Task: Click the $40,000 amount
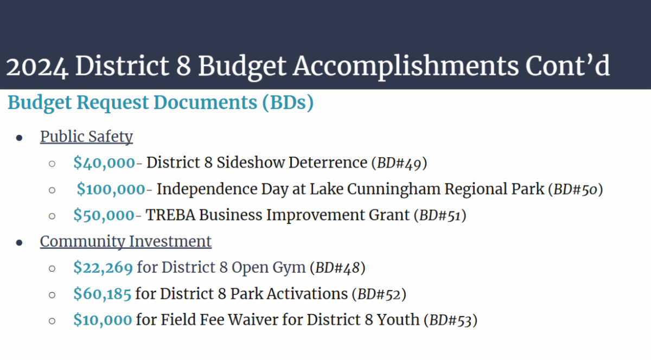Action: (x=104, y=163)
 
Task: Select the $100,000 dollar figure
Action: (x=111, y=189)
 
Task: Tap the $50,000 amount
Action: (x=104, y=215)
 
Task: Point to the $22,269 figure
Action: (x=103, y=268)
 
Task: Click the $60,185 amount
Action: (x=103, y=294)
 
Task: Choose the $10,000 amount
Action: (x=103, y=320)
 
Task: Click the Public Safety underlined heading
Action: (x=86, y=137)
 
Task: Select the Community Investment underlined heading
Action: (x=125, y=241)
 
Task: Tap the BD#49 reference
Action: (x=399, y=163)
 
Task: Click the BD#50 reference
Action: (x=576, y=189)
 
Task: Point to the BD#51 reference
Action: (x=440, y=216)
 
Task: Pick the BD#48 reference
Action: (x=337, y=268)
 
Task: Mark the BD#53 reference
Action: (x=450, y=320)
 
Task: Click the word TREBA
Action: (x=170, y=215)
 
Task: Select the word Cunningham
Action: (x=394, y=189)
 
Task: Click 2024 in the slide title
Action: (x=37, y=67)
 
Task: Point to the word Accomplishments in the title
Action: (x=405, y=67)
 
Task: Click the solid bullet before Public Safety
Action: (x=19, y=138)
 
